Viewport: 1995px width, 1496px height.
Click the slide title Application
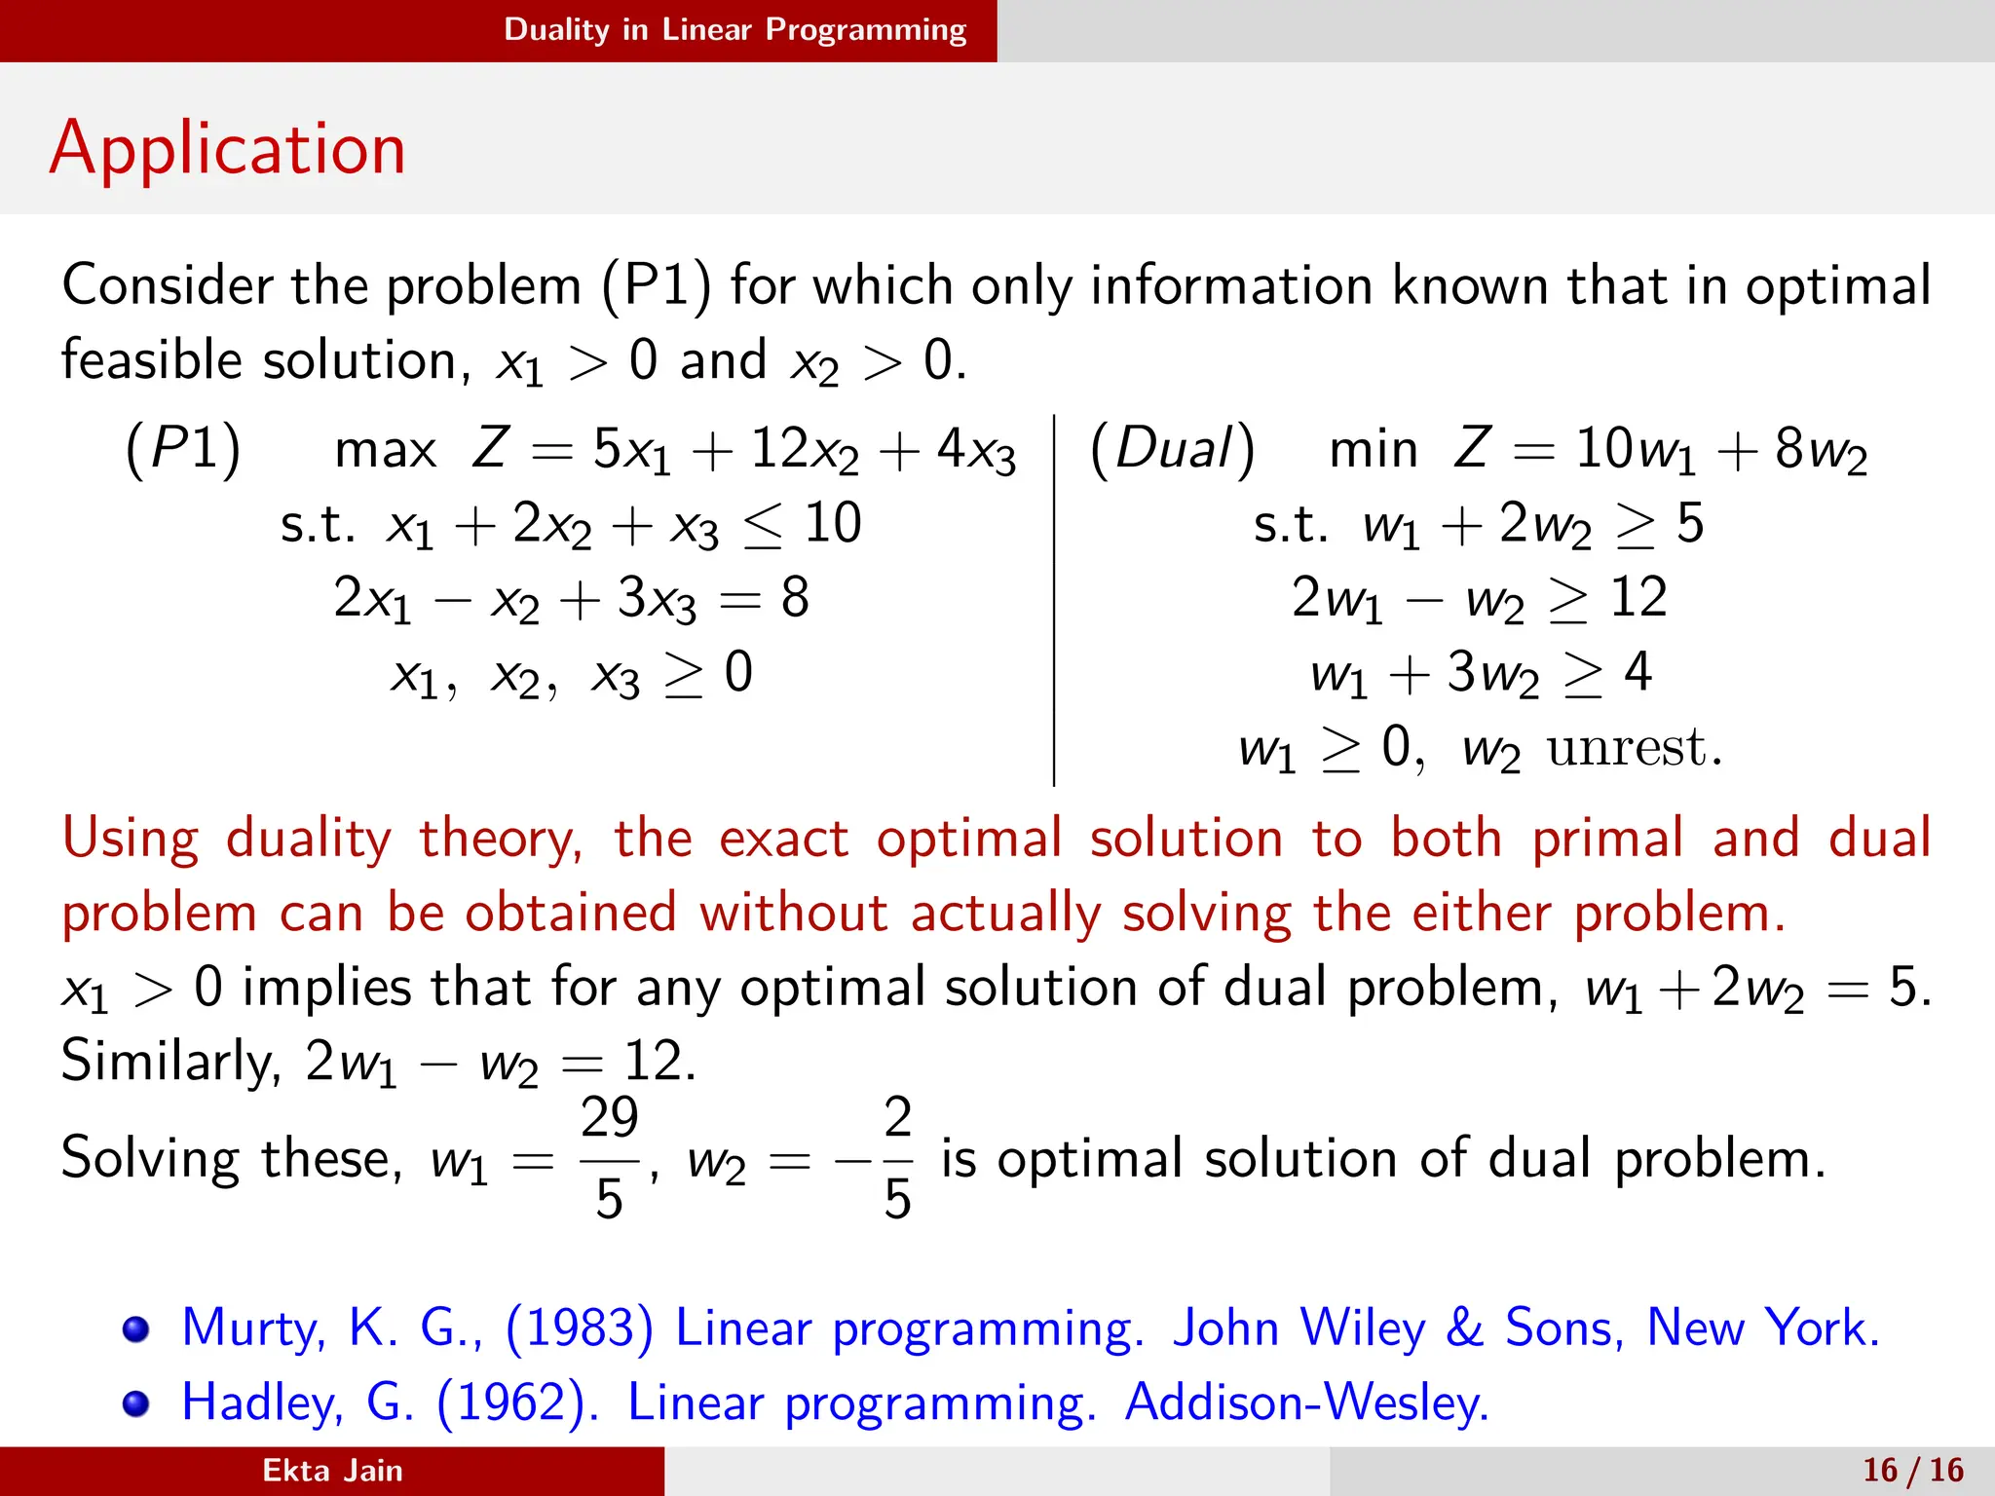(x=227, y=148)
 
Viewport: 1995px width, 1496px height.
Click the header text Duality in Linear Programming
(x=734, y=29)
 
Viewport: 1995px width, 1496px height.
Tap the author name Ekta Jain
(x=332, y=1470)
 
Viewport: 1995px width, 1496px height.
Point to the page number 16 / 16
(x=1913, y=1470)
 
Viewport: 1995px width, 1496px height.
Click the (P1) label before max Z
(x=182, y=450)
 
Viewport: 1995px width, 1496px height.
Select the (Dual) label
(x=1172, y=450)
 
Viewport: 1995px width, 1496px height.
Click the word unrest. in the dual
(x=1635, y=748)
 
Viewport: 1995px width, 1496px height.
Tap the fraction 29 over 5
(x=609, y=1157)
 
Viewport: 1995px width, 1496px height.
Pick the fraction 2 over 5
(x=897, y=1157)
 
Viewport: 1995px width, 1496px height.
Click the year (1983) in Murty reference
(x=580, y=1328)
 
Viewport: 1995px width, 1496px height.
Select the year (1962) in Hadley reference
(x=517, y=1402)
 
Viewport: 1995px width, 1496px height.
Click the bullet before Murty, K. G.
(x=135, y=1329)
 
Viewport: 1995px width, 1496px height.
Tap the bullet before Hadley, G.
(x=135, y=1404)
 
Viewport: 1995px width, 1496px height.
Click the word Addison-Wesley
(x=1306, y=1402)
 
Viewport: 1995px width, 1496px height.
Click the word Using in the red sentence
(x=131, y=840)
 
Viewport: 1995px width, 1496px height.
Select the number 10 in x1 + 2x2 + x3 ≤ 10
(x=832, y=524)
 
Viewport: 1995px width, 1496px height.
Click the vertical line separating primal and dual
(x=1054, y=599)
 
